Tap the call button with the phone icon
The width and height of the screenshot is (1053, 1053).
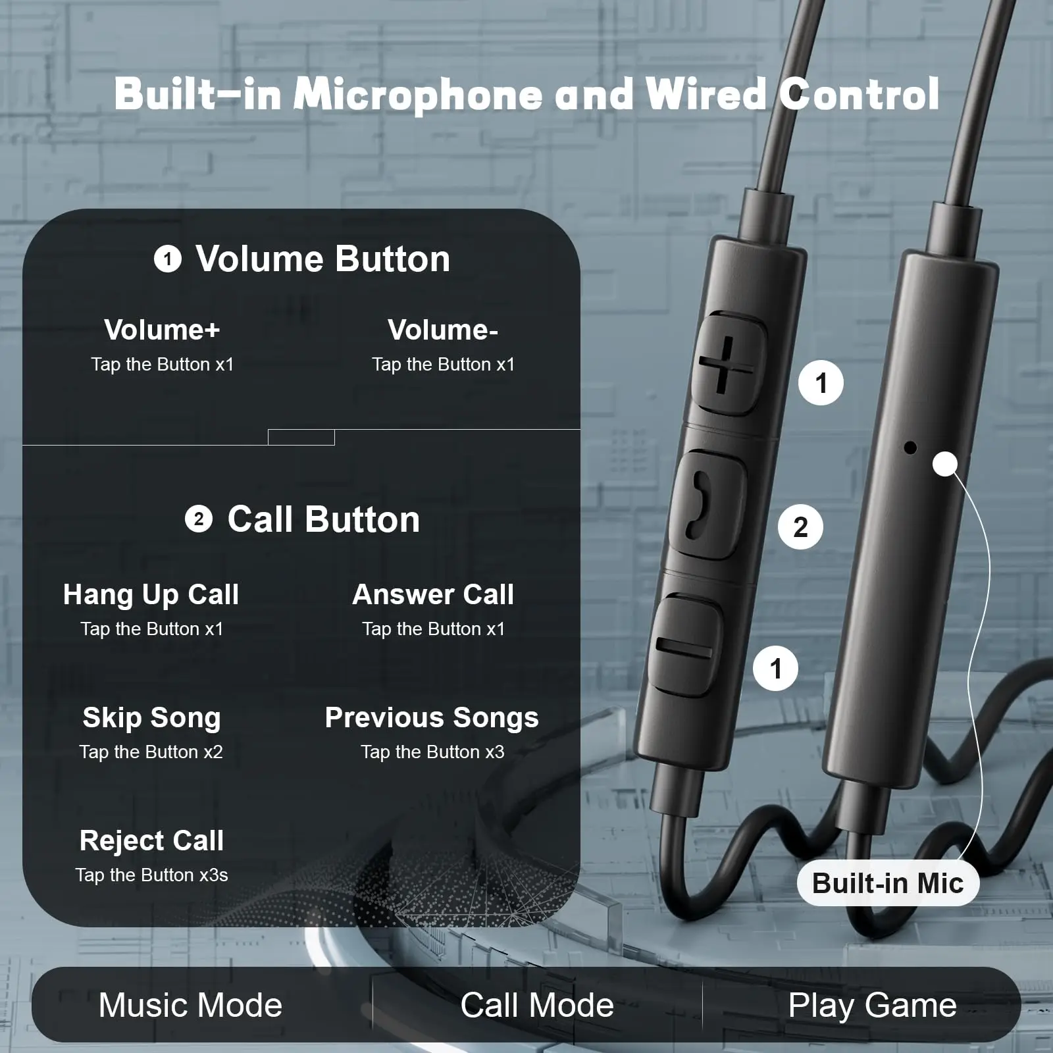tap(706, 504)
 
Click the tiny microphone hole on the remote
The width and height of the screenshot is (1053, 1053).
tap(910, 448)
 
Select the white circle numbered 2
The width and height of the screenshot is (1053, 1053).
tap(800, 526)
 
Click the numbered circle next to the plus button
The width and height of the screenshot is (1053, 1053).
tap(821, 383)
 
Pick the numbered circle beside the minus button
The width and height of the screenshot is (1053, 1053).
tap(775, 669)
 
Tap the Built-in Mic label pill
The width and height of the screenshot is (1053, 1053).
tap(888, 883)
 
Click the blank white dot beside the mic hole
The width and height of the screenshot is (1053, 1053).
tap(945, 464)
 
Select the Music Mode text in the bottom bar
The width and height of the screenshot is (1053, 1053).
tap(190, 1005)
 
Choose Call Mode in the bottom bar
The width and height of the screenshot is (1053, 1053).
tap(537, 1005)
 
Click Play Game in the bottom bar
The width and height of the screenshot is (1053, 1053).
tap(872, 1005)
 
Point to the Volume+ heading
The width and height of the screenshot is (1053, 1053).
tap(162, 330)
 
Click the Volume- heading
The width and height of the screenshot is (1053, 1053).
tap(443, 330)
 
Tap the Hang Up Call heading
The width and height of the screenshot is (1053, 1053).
tap(151, 594)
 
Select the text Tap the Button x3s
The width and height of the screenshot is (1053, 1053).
tap(151, 875)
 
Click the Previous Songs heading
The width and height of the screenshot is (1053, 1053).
tap(432, 717)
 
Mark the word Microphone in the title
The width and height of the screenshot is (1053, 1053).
tap(418, 94)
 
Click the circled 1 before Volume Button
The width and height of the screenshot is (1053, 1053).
tap(167, 259)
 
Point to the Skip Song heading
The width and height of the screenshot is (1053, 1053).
tap(151, 717)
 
